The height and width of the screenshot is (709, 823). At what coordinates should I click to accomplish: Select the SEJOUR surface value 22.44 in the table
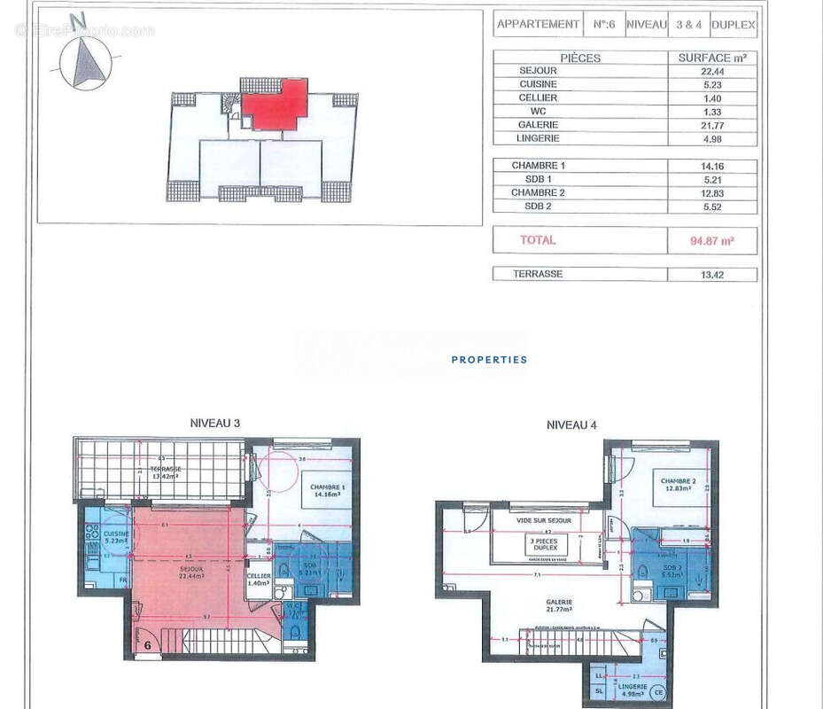[x=711, y=71]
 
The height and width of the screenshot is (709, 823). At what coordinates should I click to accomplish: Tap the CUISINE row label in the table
[x=538, y=84]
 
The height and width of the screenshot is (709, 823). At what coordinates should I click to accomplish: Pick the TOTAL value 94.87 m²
[x=712, y=240]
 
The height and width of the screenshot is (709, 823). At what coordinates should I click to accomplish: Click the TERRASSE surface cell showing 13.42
[x=711, y=275]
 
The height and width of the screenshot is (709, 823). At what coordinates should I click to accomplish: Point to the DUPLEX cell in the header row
[x=734, y=25]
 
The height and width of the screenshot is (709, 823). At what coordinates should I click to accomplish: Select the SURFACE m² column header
[x=711, y=58]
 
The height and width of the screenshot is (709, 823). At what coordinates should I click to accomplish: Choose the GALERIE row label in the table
[x=538, y=125]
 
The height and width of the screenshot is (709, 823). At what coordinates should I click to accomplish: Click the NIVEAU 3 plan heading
[x=215, y=423]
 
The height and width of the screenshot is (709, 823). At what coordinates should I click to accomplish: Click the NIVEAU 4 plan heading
[x=571, y=425]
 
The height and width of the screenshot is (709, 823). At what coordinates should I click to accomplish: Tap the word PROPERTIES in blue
[x=489, y=360]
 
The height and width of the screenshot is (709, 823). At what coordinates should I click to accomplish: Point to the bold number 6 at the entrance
[x=147, y=646]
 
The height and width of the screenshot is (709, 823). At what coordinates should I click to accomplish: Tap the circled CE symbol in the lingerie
[x=657, y=692]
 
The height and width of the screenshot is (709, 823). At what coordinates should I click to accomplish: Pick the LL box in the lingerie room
[x=599, y=675]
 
